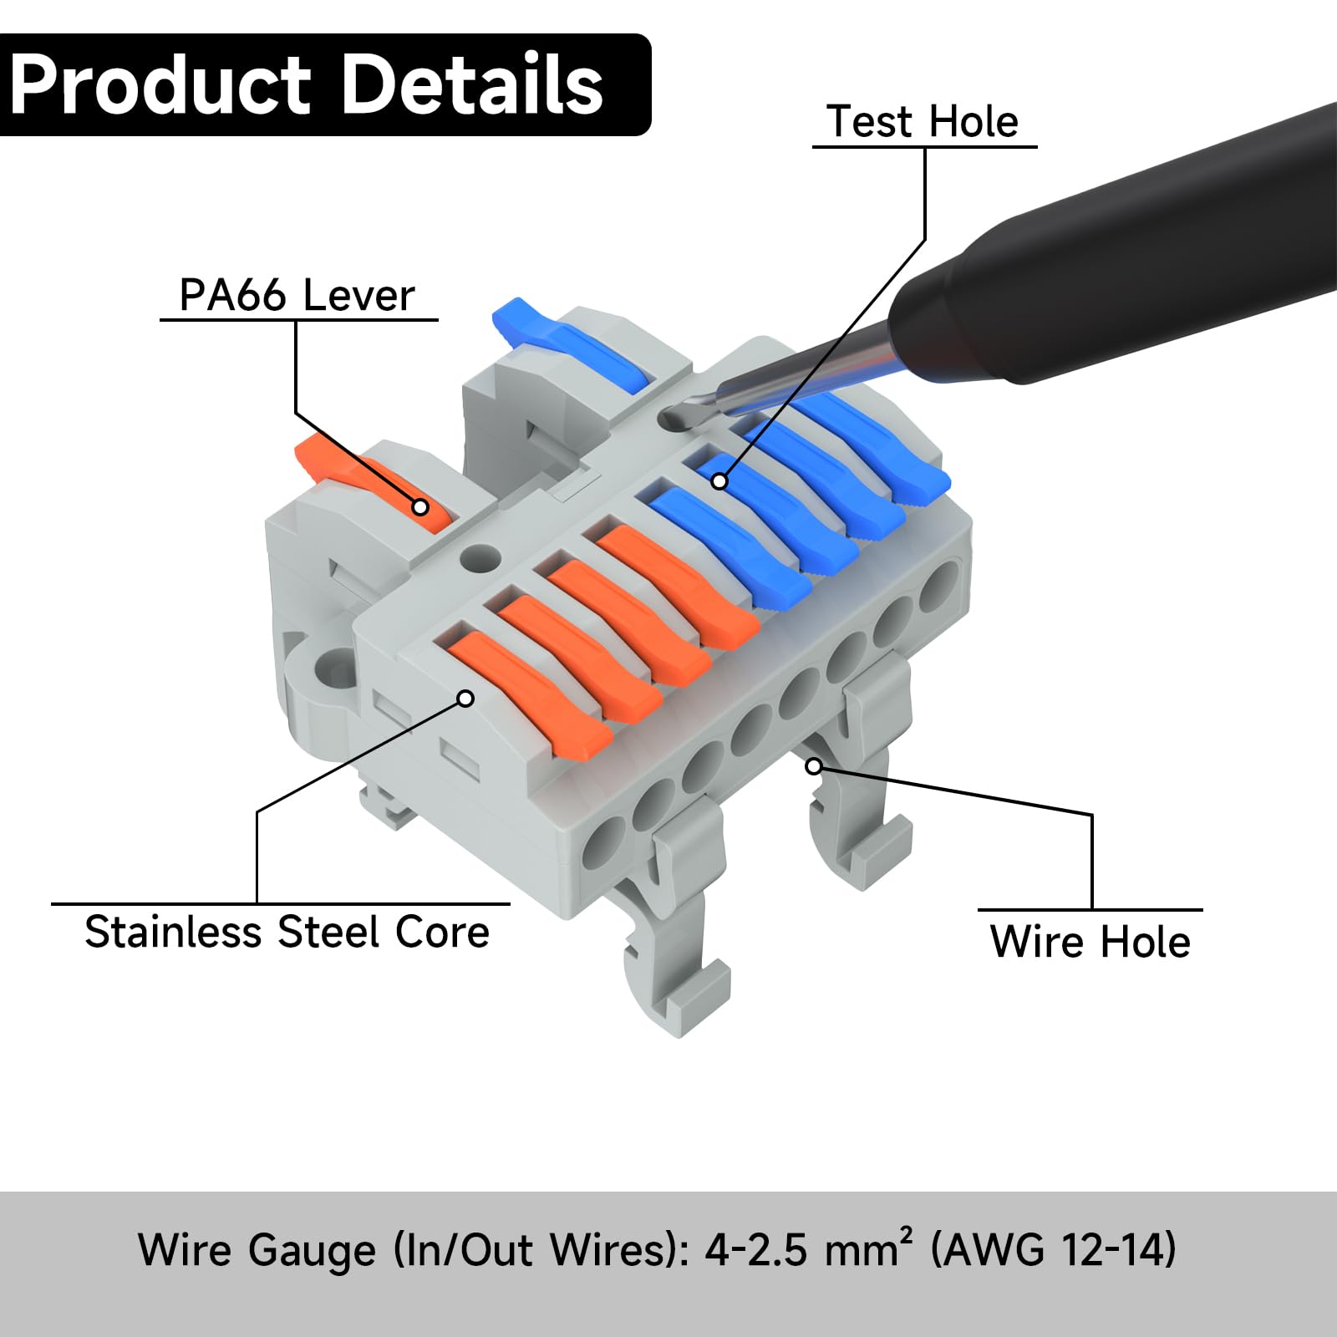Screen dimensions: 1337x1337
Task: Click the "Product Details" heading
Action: click(x=307, y=84)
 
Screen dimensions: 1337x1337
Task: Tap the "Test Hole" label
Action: click(x=923, y=122)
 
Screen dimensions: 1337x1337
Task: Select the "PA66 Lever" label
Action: click(x=297, y=295)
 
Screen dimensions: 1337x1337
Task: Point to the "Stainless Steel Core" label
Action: click(x=287, y=932)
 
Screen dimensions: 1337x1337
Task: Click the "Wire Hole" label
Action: click(x=1090, y=942)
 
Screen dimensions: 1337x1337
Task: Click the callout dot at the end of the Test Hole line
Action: click(x=719, y=481)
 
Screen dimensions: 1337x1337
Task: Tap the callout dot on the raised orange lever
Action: click(x=421, y=507)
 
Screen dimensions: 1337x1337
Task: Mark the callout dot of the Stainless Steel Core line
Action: click(x=466, y=698)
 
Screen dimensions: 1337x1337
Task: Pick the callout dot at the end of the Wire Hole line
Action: click(x=814, y=765)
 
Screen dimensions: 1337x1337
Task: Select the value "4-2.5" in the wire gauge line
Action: click(x=756, y=1250)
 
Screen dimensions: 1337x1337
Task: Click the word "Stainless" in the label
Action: click(x=173, y=932)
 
